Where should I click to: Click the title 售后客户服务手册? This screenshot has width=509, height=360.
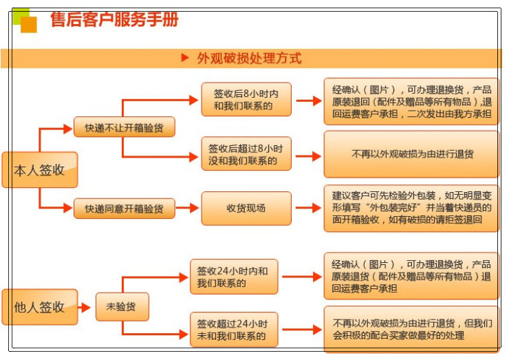[114, 20]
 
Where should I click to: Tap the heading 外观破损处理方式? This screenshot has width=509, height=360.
[248, 59]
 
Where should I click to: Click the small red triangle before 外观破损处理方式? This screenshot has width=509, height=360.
[184, 58]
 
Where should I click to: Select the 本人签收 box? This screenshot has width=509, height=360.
[39, 169]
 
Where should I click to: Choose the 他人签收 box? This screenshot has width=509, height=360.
[39, 307]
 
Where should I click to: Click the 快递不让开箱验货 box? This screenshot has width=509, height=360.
[124, 127]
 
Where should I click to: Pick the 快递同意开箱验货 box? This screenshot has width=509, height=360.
[124, 209]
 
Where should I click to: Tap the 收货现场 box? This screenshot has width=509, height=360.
[246, 209]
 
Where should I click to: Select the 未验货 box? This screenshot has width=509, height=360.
[122, 307]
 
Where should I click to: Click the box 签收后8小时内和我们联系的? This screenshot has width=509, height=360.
[246, 100]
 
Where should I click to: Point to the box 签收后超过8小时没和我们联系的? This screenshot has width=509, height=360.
[246, 154]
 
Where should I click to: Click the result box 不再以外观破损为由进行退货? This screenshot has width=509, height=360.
[411, 154]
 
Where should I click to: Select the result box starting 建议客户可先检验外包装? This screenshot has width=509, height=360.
[411, 208]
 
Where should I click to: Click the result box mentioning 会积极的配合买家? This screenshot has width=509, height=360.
[411, 329]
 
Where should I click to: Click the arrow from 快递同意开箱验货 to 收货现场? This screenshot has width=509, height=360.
[188, 209]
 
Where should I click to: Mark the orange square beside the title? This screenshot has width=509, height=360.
[29, 25]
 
